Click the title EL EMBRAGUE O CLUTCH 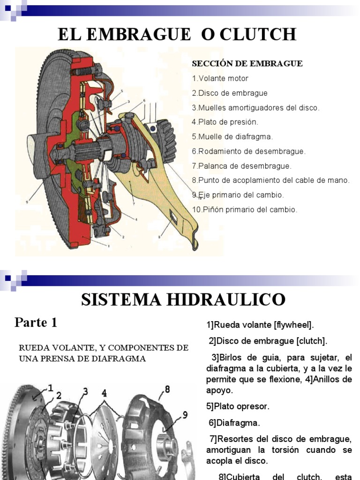pos(177,35)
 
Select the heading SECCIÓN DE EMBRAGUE pos(247,63)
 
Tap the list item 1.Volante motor pos(220,78)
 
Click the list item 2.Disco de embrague pos(230,93)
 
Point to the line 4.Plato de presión pos(225,122)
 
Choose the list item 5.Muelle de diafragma pos(232,136)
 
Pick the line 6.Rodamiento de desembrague pos(248,151)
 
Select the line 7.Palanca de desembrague pos(241,165)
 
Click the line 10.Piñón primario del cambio pos(244,210)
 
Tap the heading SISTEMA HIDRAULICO pos(183,299)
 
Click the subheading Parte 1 pos(36,322)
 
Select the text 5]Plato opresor pos(238,406)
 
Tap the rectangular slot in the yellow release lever pos(174,217)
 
